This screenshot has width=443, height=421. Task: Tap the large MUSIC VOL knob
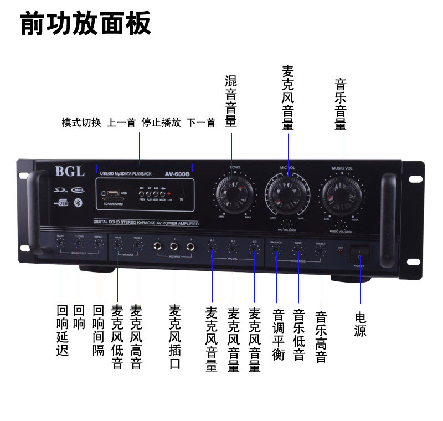(x=341, y=194)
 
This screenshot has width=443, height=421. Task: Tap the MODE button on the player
(x=162, y=193)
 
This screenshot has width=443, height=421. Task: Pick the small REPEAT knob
(x=99, y=243)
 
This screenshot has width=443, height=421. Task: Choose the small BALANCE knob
(x=276, y=249)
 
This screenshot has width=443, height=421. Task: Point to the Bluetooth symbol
(x=78, y=203)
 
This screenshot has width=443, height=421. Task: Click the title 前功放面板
(x=86, y=25)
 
